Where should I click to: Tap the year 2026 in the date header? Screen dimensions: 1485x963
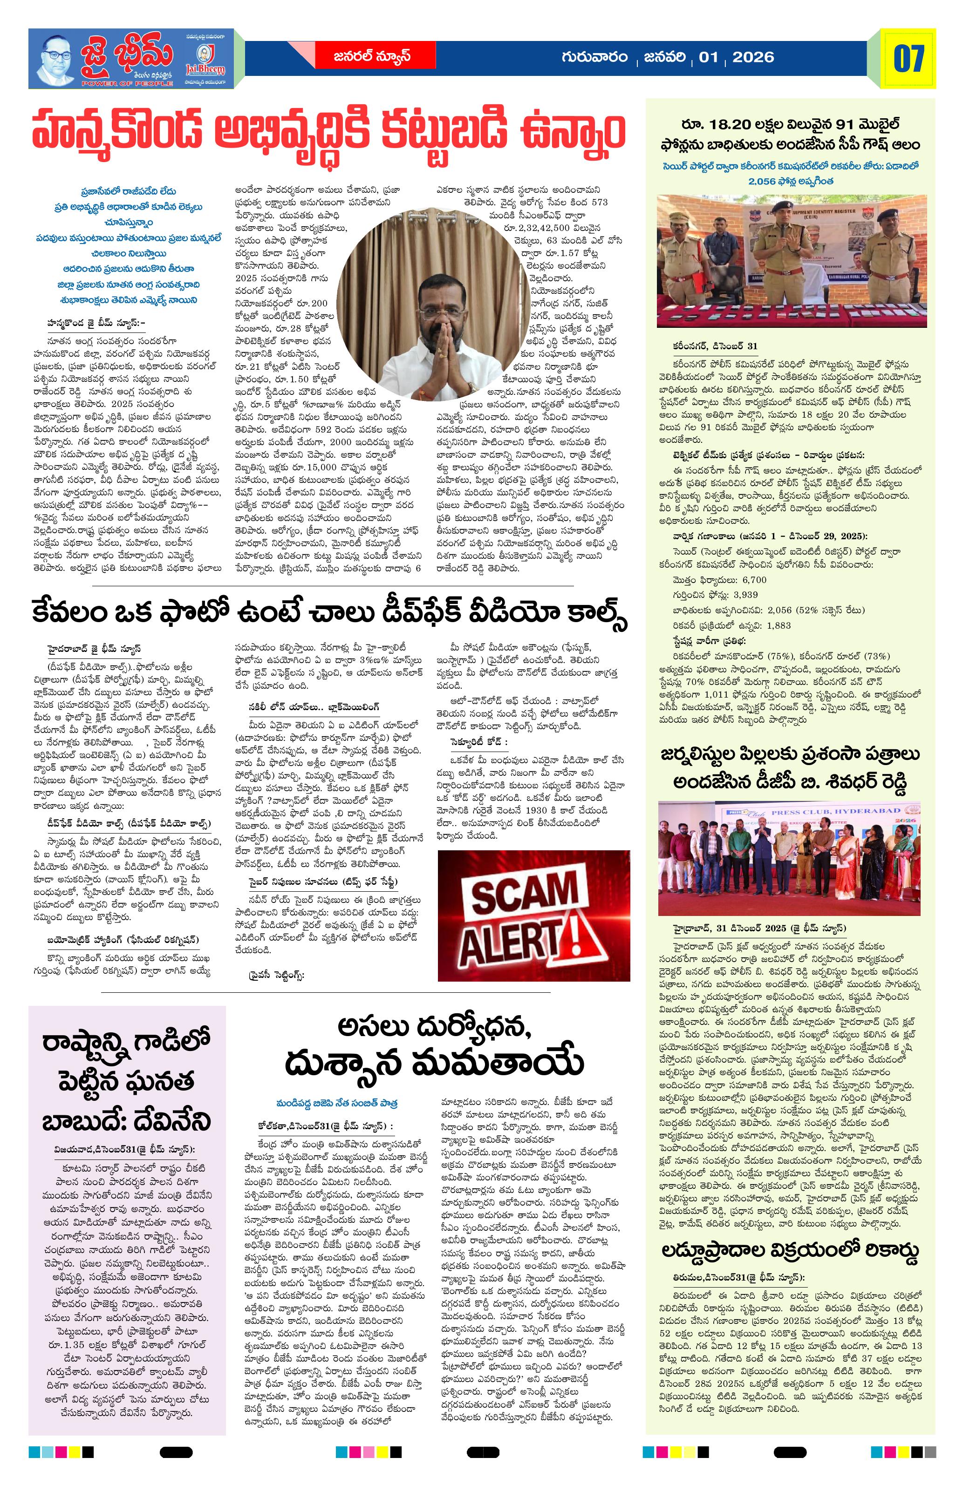tap(753, 57)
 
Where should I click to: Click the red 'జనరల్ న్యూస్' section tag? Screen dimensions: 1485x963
tap(372, 56)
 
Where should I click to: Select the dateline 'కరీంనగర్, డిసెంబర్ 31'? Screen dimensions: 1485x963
tap(711, 346)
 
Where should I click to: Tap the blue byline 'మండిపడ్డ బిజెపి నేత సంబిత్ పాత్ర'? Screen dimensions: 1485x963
tap(338, 1103)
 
